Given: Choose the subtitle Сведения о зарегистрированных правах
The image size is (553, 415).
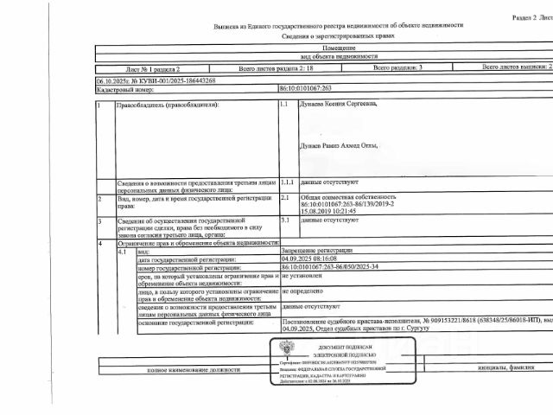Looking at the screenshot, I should point(323,38).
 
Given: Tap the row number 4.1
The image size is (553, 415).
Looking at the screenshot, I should point(122,250).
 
